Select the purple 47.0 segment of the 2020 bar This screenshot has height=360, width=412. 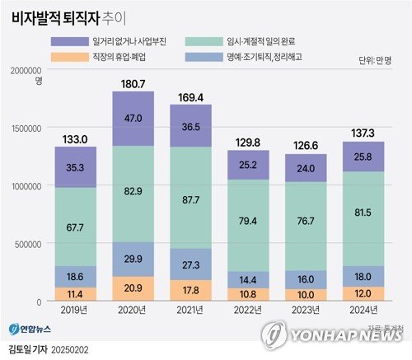pos(132,119)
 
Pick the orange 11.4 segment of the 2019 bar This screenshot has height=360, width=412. pos(75,293)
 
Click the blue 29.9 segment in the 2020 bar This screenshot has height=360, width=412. pos(132,259)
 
